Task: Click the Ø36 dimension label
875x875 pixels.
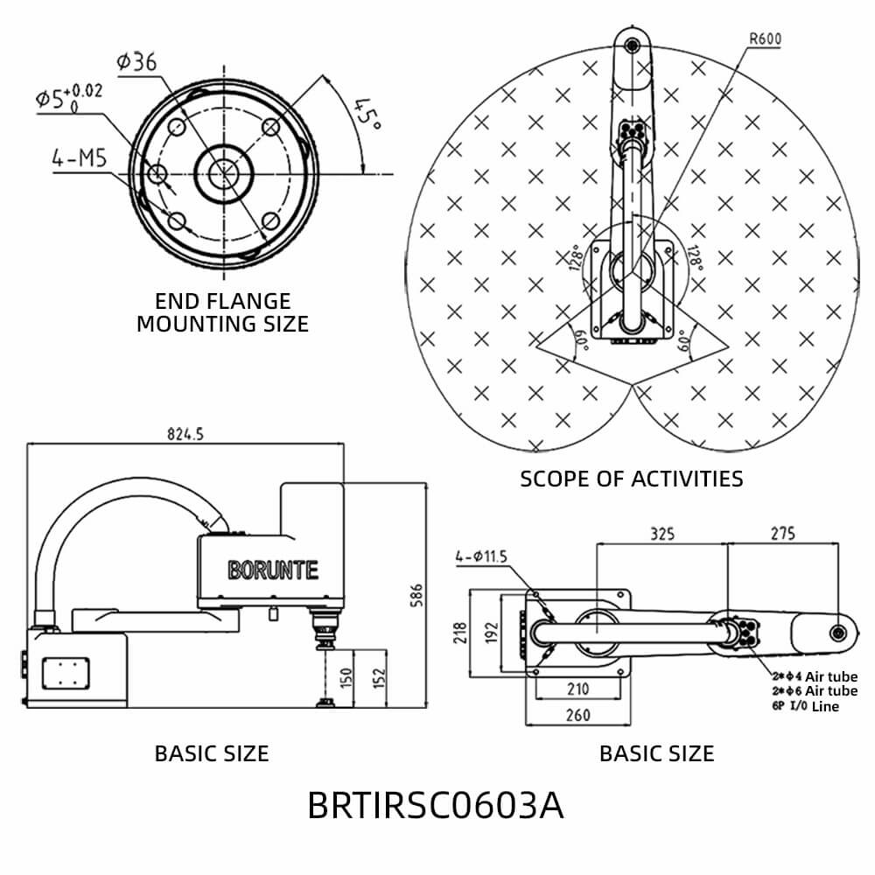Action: point(136,62)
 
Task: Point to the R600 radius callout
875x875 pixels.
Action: point(765,38)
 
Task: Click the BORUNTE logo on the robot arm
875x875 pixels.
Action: point(273,570)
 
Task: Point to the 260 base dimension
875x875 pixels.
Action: point(577,715)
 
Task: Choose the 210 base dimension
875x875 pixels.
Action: point(577,689)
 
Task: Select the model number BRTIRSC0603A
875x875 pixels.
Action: point(436,806)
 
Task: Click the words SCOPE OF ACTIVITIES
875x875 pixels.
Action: point(631,479)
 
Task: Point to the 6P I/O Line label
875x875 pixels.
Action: point(804,706)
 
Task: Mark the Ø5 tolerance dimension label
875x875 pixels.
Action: point(68,96)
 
